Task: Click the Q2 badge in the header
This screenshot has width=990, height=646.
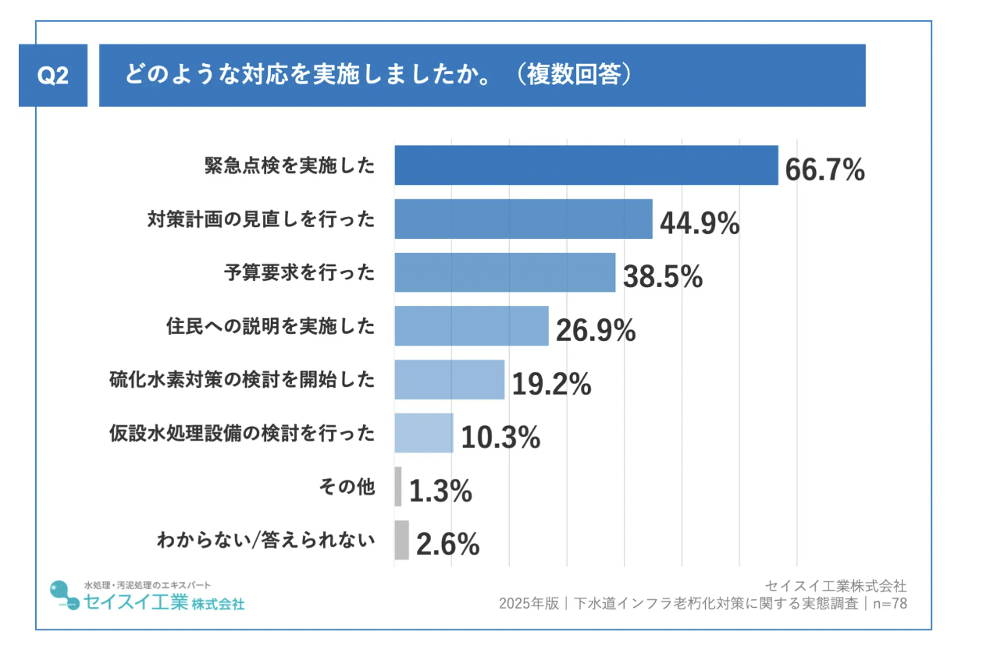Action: pos(53,76)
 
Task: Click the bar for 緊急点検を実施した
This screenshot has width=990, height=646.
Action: pos(586,165)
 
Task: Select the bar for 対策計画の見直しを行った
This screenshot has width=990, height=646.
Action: pos(523,219)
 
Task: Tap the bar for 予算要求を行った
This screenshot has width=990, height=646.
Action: pos(504,272)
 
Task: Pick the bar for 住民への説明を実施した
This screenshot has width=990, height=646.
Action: pos(472,326)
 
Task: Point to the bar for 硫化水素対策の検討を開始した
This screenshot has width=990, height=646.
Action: pos(449,379)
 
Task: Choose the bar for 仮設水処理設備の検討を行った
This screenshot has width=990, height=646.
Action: pos(424,433)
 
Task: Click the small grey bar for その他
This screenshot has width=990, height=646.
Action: pos(398,487)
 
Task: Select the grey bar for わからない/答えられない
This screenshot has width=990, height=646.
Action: pos(401,540)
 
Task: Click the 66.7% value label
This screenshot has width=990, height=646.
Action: pos(824,169)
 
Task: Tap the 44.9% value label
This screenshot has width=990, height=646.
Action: pos(700,223)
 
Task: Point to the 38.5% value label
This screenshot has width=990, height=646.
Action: pos(663,277)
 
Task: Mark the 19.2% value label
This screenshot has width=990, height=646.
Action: pos(551,384)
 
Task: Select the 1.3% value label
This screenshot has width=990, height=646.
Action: pos(440,492)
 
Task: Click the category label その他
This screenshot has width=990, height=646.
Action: pos(347,488)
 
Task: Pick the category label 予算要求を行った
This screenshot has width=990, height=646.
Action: pos(299,273)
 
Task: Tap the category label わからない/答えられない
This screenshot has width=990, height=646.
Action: pos(265,541)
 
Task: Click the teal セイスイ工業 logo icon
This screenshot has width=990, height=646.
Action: pos(63,595)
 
